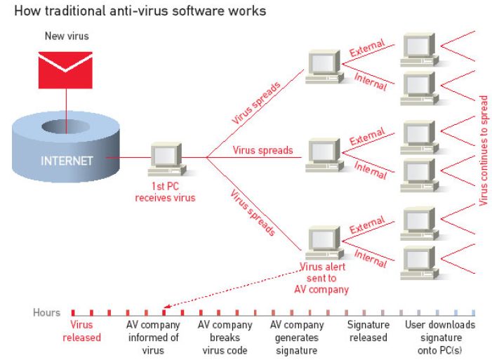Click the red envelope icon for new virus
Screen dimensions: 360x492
pyautogui.click(x=66, y=69)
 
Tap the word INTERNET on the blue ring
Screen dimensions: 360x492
pyautogui.click(x=67, y=161)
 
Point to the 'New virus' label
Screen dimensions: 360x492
pyautogui.click(x=66, y=36)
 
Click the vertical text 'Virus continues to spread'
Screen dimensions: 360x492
pyautogui.click(x=483, y=150)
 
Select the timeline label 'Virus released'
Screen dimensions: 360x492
pyautogui.click(x=81, y=331)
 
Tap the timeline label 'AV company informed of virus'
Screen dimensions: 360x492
pyautogui.click(x=153, y=337)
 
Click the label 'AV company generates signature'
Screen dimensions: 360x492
pyautogui.click(x=297, y=337)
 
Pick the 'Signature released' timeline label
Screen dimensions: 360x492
pyautogui.click(x=368, y=331)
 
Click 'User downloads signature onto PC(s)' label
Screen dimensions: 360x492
pyautogui.click(x=440, y=337)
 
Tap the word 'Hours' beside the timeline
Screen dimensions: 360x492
pyautogui.click(x=46, y=312)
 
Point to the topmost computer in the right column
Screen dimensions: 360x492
pyautogui.click(x=419, y=48)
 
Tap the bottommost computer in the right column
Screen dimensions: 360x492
pyautogui.click(x=419, y=263)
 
